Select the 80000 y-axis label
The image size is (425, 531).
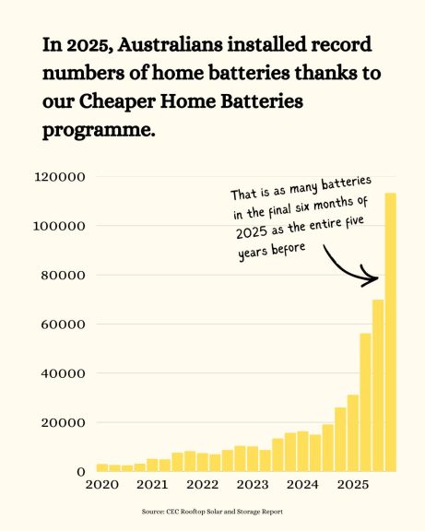pyautogui.click(x=62, y=275)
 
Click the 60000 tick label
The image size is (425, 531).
pyautogui.click(x=62, y=324)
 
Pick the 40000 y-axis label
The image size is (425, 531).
pyautogui.click(x=62, y=373)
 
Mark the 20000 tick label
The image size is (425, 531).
pyautogui.click(x=62, y=423)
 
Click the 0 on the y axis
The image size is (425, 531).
pyautogui.click(x=80, y=472)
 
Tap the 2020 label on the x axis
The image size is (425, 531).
pyautogui.click(x=102, y=484)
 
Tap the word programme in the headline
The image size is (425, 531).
pyautogui.click(x=96, y=130)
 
